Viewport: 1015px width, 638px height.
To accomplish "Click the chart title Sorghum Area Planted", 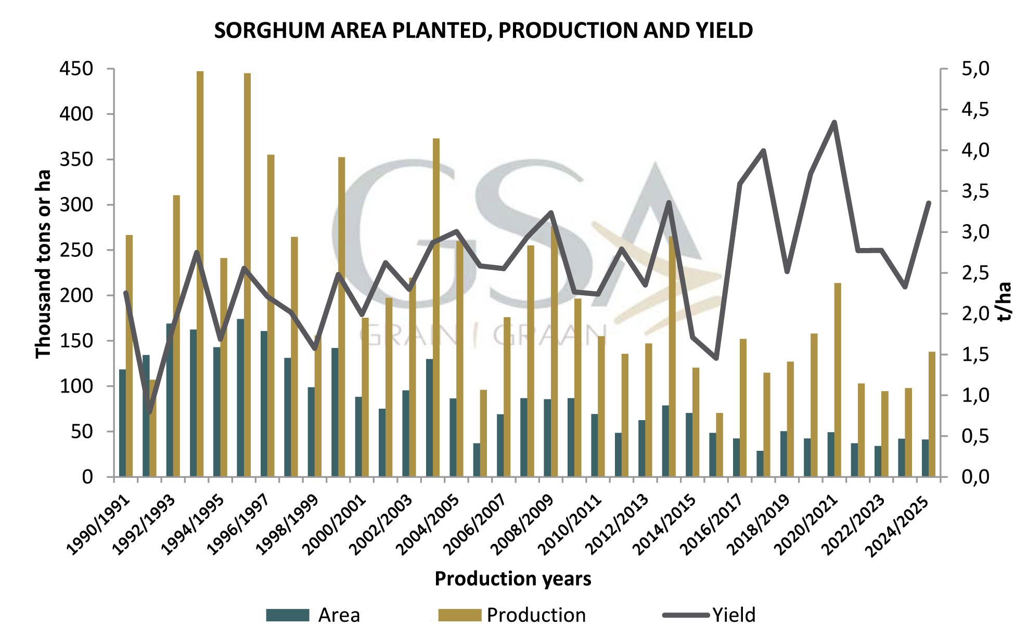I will tap(483, 31).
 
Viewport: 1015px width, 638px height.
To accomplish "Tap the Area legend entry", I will tap(313, 615).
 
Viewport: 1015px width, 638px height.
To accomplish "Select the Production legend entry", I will tap(512, 615).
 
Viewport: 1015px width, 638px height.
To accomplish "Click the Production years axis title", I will tap(512, 579).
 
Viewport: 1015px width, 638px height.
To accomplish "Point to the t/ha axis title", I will tap(1005, 301).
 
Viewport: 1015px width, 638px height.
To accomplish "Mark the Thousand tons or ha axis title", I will tap(43, 264).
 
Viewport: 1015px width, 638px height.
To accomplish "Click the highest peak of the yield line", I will tap(834, 122).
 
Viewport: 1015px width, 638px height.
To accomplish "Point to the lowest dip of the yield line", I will tap(150, 413).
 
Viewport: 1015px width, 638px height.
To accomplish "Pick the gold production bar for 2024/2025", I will tap(932, 414).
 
